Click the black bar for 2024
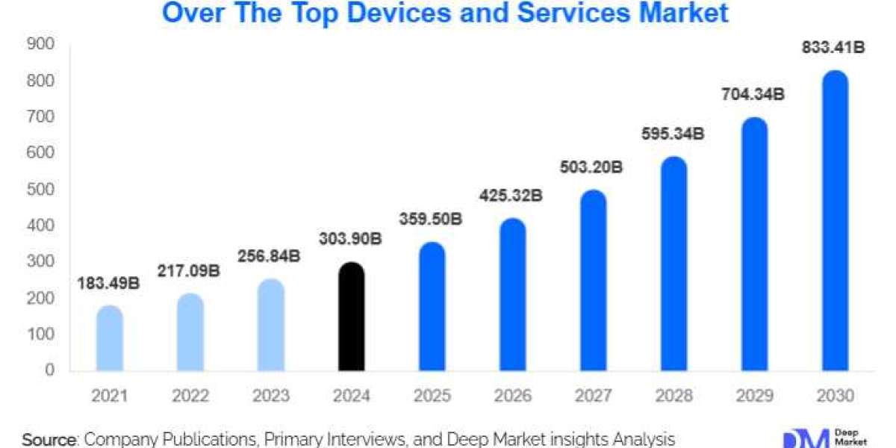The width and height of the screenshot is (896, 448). (x=352, y=317)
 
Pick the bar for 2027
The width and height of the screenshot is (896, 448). (x=594, y=281)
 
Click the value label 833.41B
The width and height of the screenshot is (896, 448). (x=833, y=49)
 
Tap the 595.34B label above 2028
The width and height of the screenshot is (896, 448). (x=674, y=134)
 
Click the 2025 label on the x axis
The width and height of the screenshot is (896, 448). (x=432, y=396)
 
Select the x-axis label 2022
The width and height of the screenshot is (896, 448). (x=190, y=396)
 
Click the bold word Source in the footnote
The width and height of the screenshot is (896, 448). (x=50, y=439)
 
